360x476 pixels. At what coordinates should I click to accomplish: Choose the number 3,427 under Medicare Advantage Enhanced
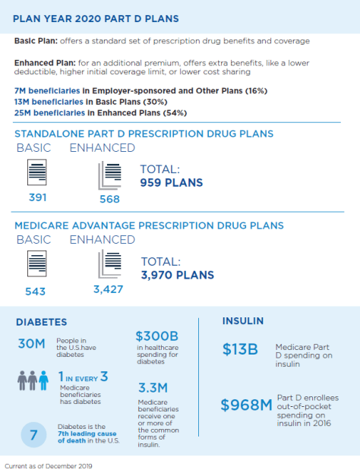point(108,290)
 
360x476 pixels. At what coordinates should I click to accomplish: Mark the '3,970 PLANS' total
point(177,275)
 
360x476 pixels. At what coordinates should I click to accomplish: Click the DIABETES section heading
point(42,322)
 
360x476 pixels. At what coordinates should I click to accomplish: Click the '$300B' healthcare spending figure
point(156,336)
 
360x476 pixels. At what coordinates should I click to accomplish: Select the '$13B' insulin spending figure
point(240,349)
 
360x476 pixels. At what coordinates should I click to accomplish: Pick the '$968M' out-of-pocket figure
point(246,405)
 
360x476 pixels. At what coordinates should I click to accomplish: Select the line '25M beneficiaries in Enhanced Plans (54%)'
point(100,112)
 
